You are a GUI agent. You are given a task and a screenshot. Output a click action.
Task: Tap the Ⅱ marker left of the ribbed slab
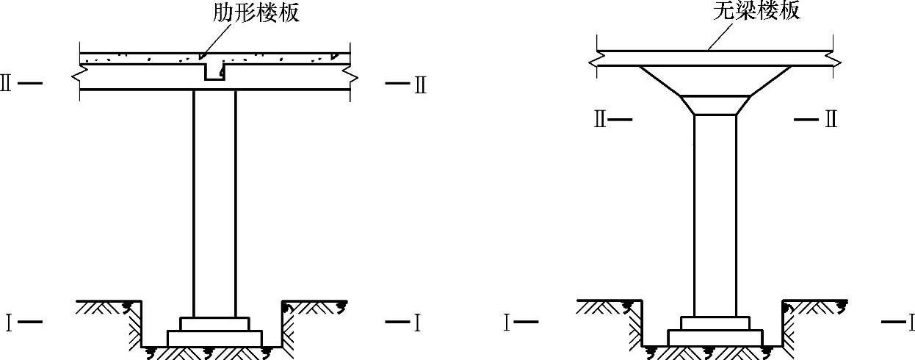coord(7,83)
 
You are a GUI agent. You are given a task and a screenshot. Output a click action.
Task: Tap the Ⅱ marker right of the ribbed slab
coord(419,84)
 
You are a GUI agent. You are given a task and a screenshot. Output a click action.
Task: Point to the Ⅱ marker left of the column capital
coord(600,119)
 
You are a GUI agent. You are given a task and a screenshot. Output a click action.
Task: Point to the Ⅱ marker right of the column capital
coord(831,119)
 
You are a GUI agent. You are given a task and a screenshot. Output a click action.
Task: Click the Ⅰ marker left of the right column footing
coord(507,322)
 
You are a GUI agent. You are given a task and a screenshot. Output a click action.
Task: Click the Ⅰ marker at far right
coord(911,322)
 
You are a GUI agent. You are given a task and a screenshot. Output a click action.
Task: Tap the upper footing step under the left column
coord(214,323)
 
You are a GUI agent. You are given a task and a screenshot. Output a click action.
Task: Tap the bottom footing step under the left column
coord(214,338)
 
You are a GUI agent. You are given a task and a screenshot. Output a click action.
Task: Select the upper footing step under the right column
coord(715,323)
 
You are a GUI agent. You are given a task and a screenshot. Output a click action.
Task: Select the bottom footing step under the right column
coord(715,337)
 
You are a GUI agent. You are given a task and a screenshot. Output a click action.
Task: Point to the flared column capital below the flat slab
coord(715,81)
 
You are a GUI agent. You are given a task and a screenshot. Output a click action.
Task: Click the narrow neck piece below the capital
coord(715,105)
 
